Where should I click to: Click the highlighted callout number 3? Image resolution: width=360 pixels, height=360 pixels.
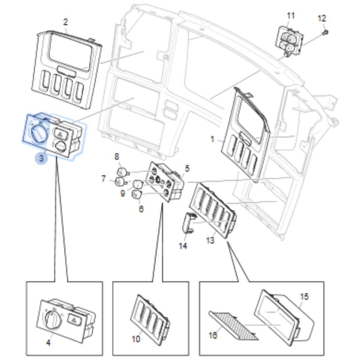41,158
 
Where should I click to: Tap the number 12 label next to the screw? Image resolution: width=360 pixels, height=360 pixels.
322,19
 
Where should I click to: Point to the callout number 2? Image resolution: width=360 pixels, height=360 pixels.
65,22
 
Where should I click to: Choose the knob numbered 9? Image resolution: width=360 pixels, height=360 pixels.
138,184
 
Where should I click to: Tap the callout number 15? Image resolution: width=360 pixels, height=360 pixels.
304,297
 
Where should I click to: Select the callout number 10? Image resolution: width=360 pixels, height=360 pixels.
136,339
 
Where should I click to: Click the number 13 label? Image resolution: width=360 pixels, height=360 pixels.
210,240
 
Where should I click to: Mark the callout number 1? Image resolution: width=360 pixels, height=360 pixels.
213,139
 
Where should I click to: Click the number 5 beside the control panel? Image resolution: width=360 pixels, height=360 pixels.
187,168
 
